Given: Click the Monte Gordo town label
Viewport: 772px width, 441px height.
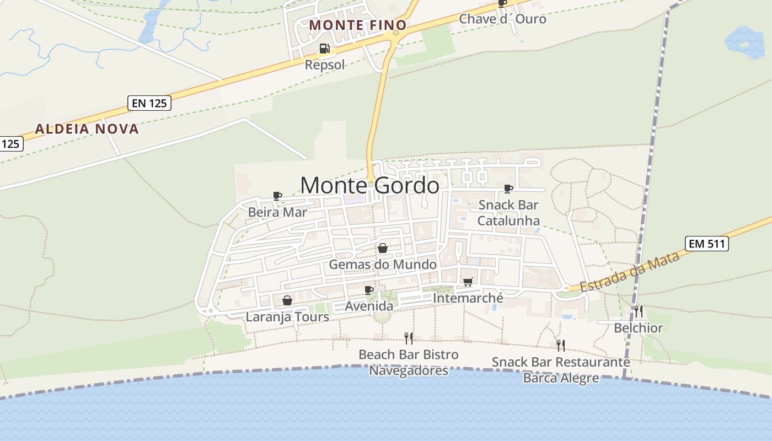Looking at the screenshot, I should [x=369, y=185].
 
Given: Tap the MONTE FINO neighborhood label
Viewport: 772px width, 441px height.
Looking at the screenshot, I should [x=357, y=25].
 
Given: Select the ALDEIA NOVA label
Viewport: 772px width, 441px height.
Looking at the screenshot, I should [x=87, y=129].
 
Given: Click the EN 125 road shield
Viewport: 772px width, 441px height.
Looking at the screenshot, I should [x=149, y=103].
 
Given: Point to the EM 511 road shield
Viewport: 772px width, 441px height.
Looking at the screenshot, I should [x=706, y=244].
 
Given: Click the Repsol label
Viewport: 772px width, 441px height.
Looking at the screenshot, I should [x=325, y=65].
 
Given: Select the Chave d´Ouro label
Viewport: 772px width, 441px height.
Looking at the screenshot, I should [x=502, y=19].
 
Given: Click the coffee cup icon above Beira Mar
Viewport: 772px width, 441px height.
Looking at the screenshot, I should [x=277, y=196].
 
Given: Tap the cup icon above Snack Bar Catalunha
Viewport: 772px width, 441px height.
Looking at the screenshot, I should [x=508, y=189].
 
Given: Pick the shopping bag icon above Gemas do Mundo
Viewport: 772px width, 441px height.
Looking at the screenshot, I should [x=383, y=249].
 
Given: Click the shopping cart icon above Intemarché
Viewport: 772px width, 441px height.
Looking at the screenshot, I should [x=468, y=282].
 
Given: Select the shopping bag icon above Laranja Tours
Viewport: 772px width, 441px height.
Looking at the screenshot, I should [x=287, y=300].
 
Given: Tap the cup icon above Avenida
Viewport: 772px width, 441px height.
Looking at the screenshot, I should [x=369, y=290].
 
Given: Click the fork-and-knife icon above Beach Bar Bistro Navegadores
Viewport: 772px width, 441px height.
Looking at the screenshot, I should [x=409, y=338].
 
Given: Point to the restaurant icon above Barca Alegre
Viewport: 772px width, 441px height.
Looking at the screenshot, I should [x=561, y=346].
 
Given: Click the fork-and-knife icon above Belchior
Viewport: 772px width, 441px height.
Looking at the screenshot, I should [x=639, y=311].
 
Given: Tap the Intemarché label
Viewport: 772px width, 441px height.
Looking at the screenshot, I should [x=468, y=298].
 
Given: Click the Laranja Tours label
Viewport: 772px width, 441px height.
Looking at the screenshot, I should [x=287, y=317].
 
